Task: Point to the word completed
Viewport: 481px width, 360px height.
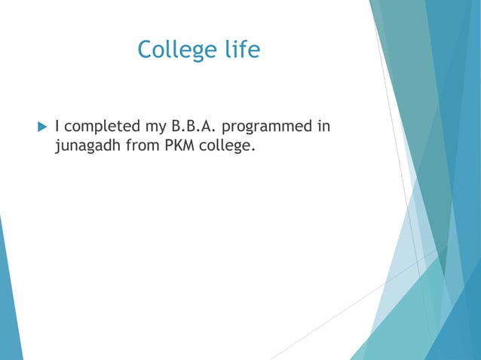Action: point(98,126)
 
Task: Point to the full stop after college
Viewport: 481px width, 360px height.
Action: point(253,149)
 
